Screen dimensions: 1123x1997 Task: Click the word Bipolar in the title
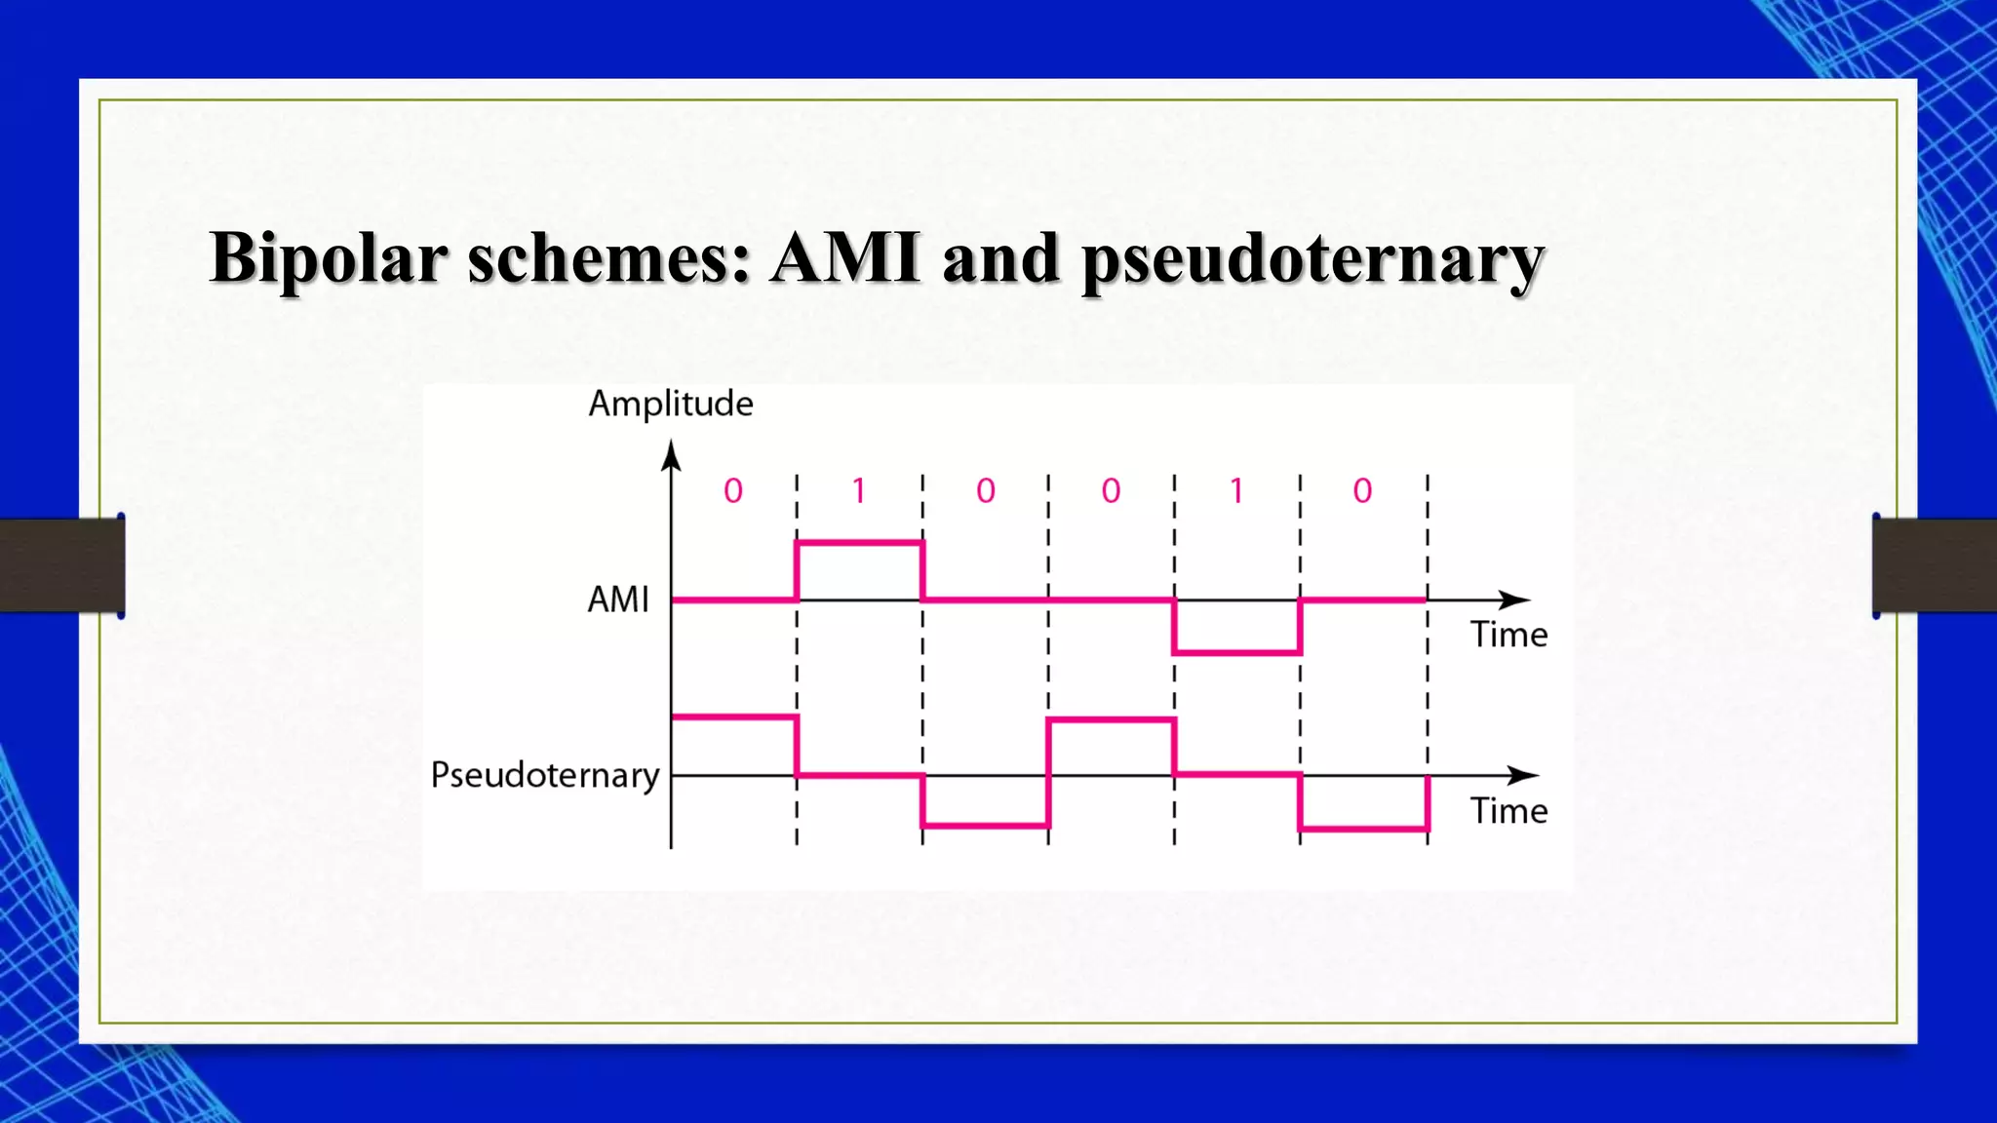[x=328, y=258]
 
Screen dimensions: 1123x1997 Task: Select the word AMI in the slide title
[x=844, y=258]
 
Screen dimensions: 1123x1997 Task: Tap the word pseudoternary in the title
[x=1312, y=261]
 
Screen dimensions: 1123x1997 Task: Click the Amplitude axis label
[x=670, y=404]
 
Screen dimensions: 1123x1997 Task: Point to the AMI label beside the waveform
[x=617, y=600]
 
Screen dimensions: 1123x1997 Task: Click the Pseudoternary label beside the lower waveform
[x=545, y=775]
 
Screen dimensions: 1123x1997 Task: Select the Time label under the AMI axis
[x=1508, y=635]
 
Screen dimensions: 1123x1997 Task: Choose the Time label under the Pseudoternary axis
[x=1508, y=811]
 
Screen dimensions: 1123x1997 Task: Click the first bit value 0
[x=733, y=490]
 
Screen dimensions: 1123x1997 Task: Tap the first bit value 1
[x=859, y=490]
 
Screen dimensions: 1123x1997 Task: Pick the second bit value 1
[x=1236, y=490]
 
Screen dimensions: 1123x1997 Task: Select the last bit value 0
[x=1362, y=490]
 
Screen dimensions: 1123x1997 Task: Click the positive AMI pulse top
[x=859, y=543]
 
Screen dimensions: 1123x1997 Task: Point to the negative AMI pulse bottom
[x=1236, y=652]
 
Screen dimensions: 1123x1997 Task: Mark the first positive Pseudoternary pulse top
[x=733, y=717]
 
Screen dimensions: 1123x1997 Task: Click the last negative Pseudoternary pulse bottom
[x=1363, y=829]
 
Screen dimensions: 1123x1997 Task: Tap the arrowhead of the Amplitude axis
[x=671, y=454]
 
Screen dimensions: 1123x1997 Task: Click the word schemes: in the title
[x=608, y=258]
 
